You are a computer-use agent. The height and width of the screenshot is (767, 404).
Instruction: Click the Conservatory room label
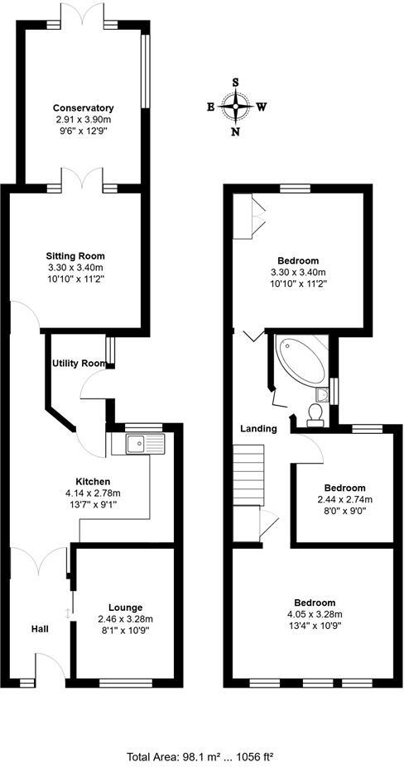pos(83,108)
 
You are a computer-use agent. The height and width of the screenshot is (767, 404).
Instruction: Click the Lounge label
pos(124,607)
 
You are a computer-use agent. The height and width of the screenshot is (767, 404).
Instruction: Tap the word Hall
pos(38,629)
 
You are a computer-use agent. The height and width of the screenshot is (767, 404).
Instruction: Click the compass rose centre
pos(238,107)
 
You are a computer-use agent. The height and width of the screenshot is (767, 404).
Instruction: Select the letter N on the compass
pos(237,131)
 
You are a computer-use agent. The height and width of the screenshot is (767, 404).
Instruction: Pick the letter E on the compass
pos(211,107)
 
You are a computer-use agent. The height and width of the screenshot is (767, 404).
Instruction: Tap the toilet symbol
pos(315,412)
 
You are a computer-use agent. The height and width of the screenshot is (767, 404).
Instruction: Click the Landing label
pos(258,428)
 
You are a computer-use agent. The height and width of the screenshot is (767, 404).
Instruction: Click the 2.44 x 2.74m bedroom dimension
pos(344,499)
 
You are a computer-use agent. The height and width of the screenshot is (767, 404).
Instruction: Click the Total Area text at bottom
pos(201,755)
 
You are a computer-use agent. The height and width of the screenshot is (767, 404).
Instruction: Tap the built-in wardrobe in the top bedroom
pos(248,217)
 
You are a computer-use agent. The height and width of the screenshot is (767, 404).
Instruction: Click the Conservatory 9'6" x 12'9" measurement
pos(83,131)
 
